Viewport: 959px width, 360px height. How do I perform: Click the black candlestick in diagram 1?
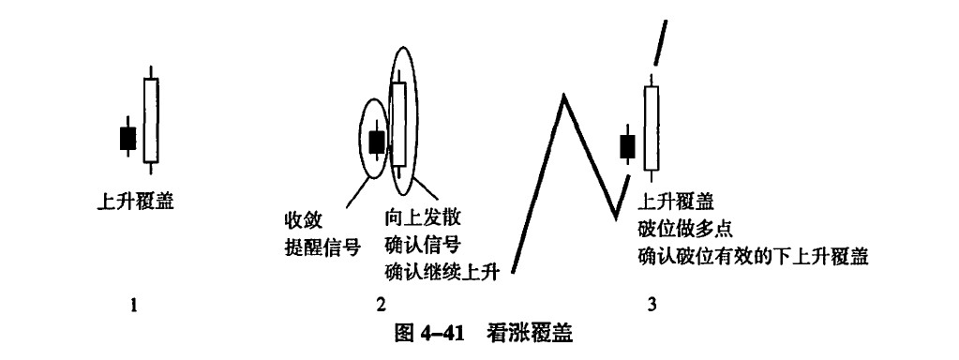click(x=127, y=138)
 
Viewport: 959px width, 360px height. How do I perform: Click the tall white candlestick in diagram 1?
click(x=150, y=120)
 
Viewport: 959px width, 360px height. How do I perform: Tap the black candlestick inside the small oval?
click(x=377, y=142)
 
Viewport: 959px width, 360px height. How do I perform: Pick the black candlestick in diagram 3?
click(x=627, y=146)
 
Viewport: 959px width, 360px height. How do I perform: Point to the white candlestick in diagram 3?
click(x=652, y=127)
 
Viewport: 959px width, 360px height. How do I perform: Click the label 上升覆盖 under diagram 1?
click(x=135, y=201)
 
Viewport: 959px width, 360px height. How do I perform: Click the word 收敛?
click(x=304, y=218)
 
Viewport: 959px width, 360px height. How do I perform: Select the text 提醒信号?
click(x=322, y=247)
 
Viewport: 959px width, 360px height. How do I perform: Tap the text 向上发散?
click(x=423, y=217)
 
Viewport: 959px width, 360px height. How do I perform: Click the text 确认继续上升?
click(x=442, y=271)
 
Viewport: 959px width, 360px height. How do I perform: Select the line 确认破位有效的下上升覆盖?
click(x=753, y=256)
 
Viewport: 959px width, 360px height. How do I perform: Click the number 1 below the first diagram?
click(x=133, y=305)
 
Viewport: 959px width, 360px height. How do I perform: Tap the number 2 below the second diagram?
click(x=382, y=305)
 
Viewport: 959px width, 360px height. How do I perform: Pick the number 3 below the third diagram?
click(x=652, y=305)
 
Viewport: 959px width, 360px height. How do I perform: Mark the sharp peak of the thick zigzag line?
click(x=563, y=95)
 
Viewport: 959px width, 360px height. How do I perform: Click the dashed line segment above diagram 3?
click(x=660, y=41)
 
